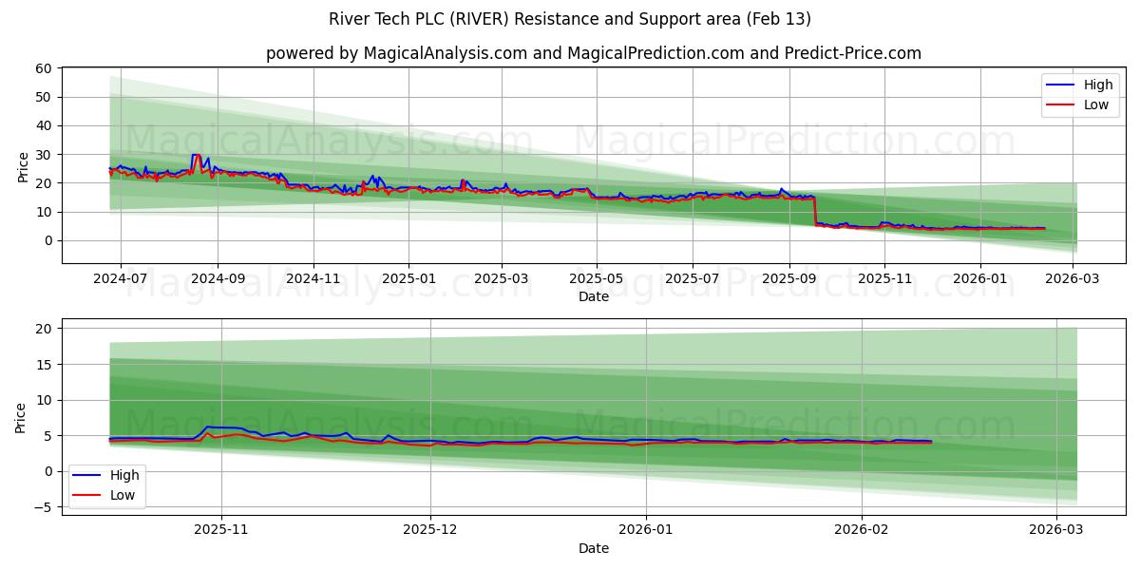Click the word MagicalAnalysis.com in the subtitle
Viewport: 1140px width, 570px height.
[446, 53]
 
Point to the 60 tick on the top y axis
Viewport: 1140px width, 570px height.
[44, 68]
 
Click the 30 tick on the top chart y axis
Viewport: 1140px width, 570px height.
[44, 154]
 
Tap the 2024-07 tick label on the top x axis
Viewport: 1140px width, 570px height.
[121, 278]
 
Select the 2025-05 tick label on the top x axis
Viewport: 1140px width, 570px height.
[597, 278]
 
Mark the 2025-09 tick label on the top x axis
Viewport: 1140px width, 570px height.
[789, 278]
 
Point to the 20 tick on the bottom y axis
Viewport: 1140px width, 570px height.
[44, 329]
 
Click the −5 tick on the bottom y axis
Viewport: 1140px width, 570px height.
[42, 507]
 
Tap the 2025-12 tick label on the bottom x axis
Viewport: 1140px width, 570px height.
[430, 530]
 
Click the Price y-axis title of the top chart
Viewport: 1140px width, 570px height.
[23, 166]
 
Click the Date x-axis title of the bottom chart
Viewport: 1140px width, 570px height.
[594, 548]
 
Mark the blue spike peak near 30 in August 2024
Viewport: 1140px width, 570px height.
[195, 155]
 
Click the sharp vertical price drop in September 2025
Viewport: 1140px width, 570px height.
[815, 211]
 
